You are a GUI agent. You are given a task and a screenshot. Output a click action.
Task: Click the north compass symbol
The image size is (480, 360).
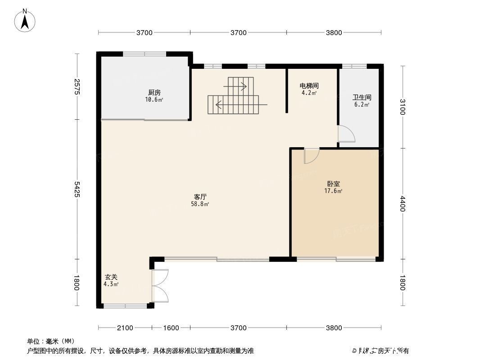[x=26, y=20]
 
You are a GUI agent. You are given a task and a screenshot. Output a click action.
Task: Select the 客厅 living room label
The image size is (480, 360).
[x=200, y=197]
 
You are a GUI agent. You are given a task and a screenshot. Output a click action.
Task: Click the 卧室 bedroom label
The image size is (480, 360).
[x=334, y=184]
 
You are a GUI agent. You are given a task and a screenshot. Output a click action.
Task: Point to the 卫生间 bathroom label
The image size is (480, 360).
[x=362, y=97]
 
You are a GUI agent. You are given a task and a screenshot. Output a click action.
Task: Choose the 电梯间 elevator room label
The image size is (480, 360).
[x=309, y=85]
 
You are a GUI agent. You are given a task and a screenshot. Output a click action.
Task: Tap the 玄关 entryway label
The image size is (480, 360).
[x=111, y=277]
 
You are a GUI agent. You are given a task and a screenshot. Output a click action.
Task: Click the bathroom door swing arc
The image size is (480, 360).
[x=346, y=134]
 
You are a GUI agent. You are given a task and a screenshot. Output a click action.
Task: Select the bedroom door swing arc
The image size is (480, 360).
[x=312, y=156]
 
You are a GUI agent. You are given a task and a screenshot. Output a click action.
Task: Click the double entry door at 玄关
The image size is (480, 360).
[x=160, y=285]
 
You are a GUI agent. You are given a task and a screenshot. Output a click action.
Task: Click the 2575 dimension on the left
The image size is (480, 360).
[x=77, y=86]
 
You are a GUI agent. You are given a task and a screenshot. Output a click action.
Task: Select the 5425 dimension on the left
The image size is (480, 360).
[x=77, y=189]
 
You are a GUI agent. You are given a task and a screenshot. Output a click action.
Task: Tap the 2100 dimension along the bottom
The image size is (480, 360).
[x=125, y=328]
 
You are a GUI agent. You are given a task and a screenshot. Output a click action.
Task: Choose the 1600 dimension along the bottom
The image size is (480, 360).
[x=171, y=328]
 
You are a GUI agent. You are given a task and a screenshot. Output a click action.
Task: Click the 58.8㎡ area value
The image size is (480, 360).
[x=200, y=204]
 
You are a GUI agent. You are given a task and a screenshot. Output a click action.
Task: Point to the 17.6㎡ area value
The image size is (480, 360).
[x=334, y=191]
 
